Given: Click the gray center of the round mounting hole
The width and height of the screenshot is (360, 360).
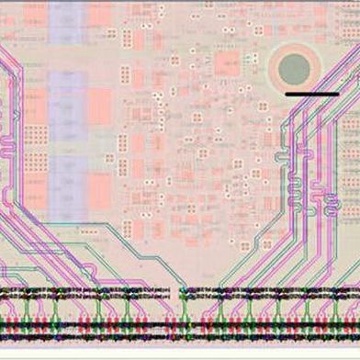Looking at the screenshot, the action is point(294,67).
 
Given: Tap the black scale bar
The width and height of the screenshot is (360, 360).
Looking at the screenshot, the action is point(311,94).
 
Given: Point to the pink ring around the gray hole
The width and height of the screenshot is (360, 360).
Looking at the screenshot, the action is point(294,49).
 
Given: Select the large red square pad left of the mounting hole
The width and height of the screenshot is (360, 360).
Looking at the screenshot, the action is point(227,65).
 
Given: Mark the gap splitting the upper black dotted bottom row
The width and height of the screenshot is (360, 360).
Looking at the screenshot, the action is point(178,293).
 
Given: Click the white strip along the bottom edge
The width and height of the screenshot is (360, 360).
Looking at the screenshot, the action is point(180,355).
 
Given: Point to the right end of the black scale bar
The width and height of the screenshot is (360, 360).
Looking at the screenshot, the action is point(337,94).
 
